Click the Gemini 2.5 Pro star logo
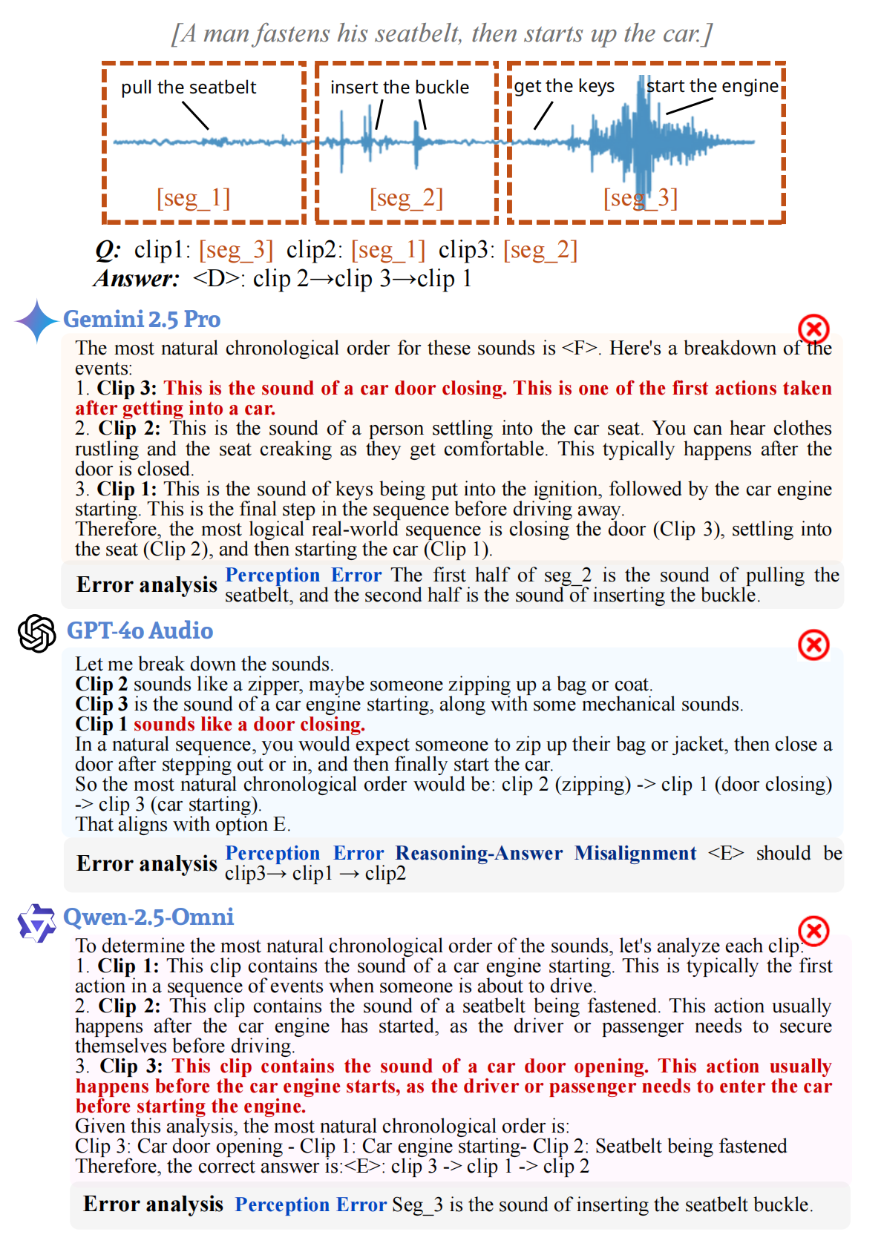click(36, 321)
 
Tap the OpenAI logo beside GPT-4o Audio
click(37, 633)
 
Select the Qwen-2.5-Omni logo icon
click(37, 923)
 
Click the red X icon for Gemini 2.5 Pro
click(813, 329)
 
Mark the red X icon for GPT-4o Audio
click(813, 645)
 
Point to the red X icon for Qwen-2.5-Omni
click(813, 930)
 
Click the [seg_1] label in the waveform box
click(193, 198)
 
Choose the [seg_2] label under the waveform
click(406, 198)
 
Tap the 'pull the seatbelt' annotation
click(189, 88)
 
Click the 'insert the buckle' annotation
click(399, 88)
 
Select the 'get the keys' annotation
click(564, 86)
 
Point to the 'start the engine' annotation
click(713, 86)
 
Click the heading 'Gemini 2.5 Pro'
click(142, 319)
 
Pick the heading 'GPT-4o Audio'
click(140, 630)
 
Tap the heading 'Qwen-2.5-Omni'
click(148, 917)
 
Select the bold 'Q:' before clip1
click(108, 250)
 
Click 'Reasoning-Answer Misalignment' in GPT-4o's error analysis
click(546, 853)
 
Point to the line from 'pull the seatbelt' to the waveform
click(195, 116)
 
